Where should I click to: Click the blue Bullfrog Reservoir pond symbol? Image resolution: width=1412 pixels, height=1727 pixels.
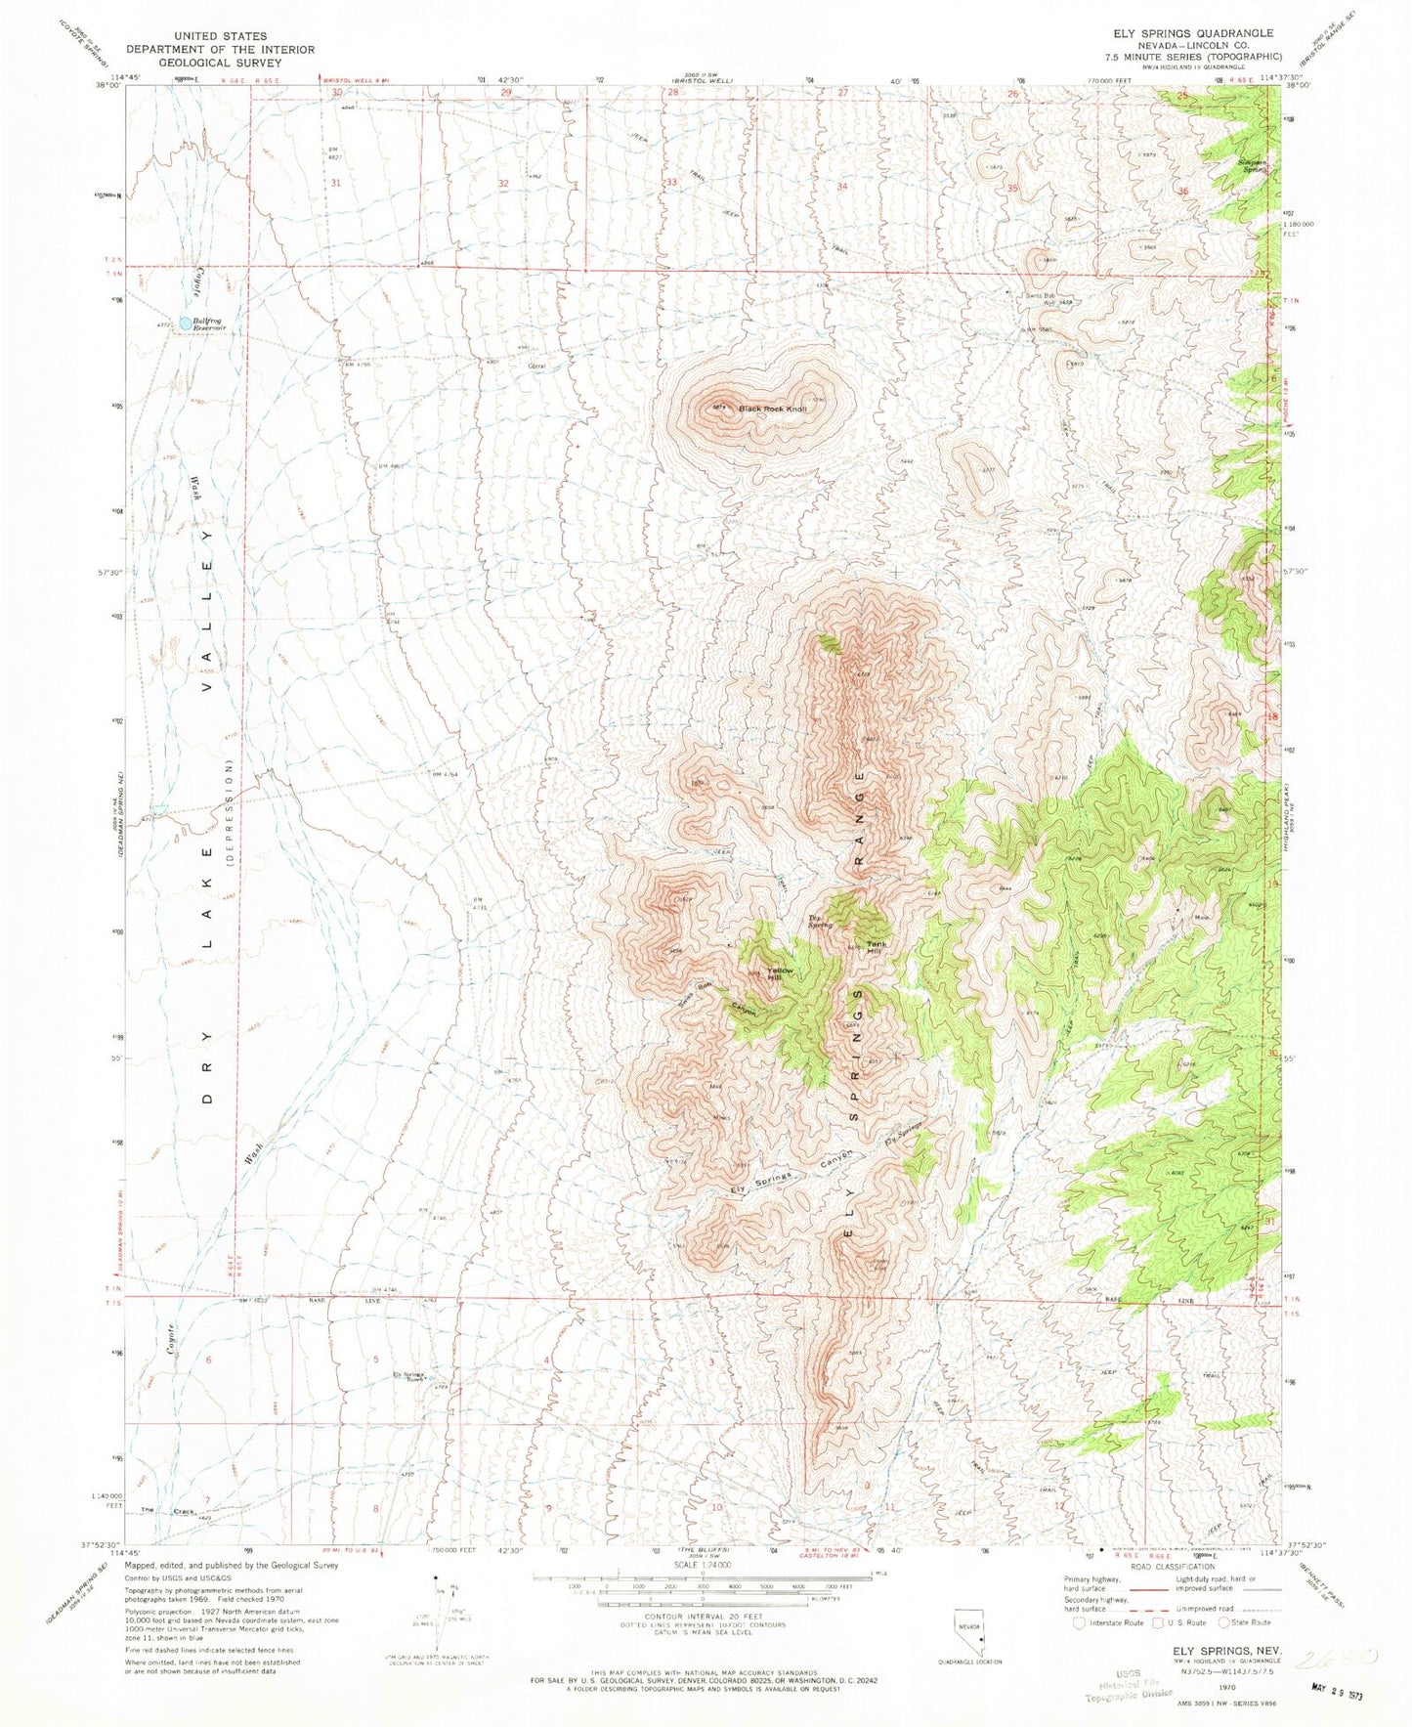(x=185, y=322)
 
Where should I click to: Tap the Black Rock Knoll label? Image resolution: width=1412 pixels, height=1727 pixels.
(x=773, y=409)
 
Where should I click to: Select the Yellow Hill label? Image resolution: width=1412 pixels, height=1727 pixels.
(x=779, y=974)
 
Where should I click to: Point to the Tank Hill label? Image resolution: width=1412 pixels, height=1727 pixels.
(x=877, y=948)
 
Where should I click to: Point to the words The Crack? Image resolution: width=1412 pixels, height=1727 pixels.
(x=169, y=1511)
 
